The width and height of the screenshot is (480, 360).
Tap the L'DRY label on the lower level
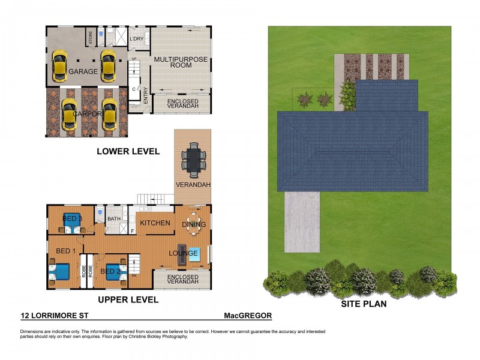point(137,40)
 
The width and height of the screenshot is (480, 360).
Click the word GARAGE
point(83,71)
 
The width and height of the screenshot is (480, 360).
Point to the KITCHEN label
point(155,223)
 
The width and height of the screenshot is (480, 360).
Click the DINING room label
point(194,225)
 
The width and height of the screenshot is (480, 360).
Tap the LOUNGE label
point(183,253)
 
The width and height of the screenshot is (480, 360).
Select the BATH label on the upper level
point(114,219)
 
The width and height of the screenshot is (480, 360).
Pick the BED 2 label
point(111,271)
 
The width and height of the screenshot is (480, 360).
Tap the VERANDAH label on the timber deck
point(193,185)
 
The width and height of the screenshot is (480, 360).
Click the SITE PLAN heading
point(364,304)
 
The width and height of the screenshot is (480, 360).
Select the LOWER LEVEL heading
point(128,152)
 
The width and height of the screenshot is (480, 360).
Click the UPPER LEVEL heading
point(128,299)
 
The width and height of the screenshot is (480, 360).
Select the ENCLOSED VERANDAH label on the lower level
point(182,105)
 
